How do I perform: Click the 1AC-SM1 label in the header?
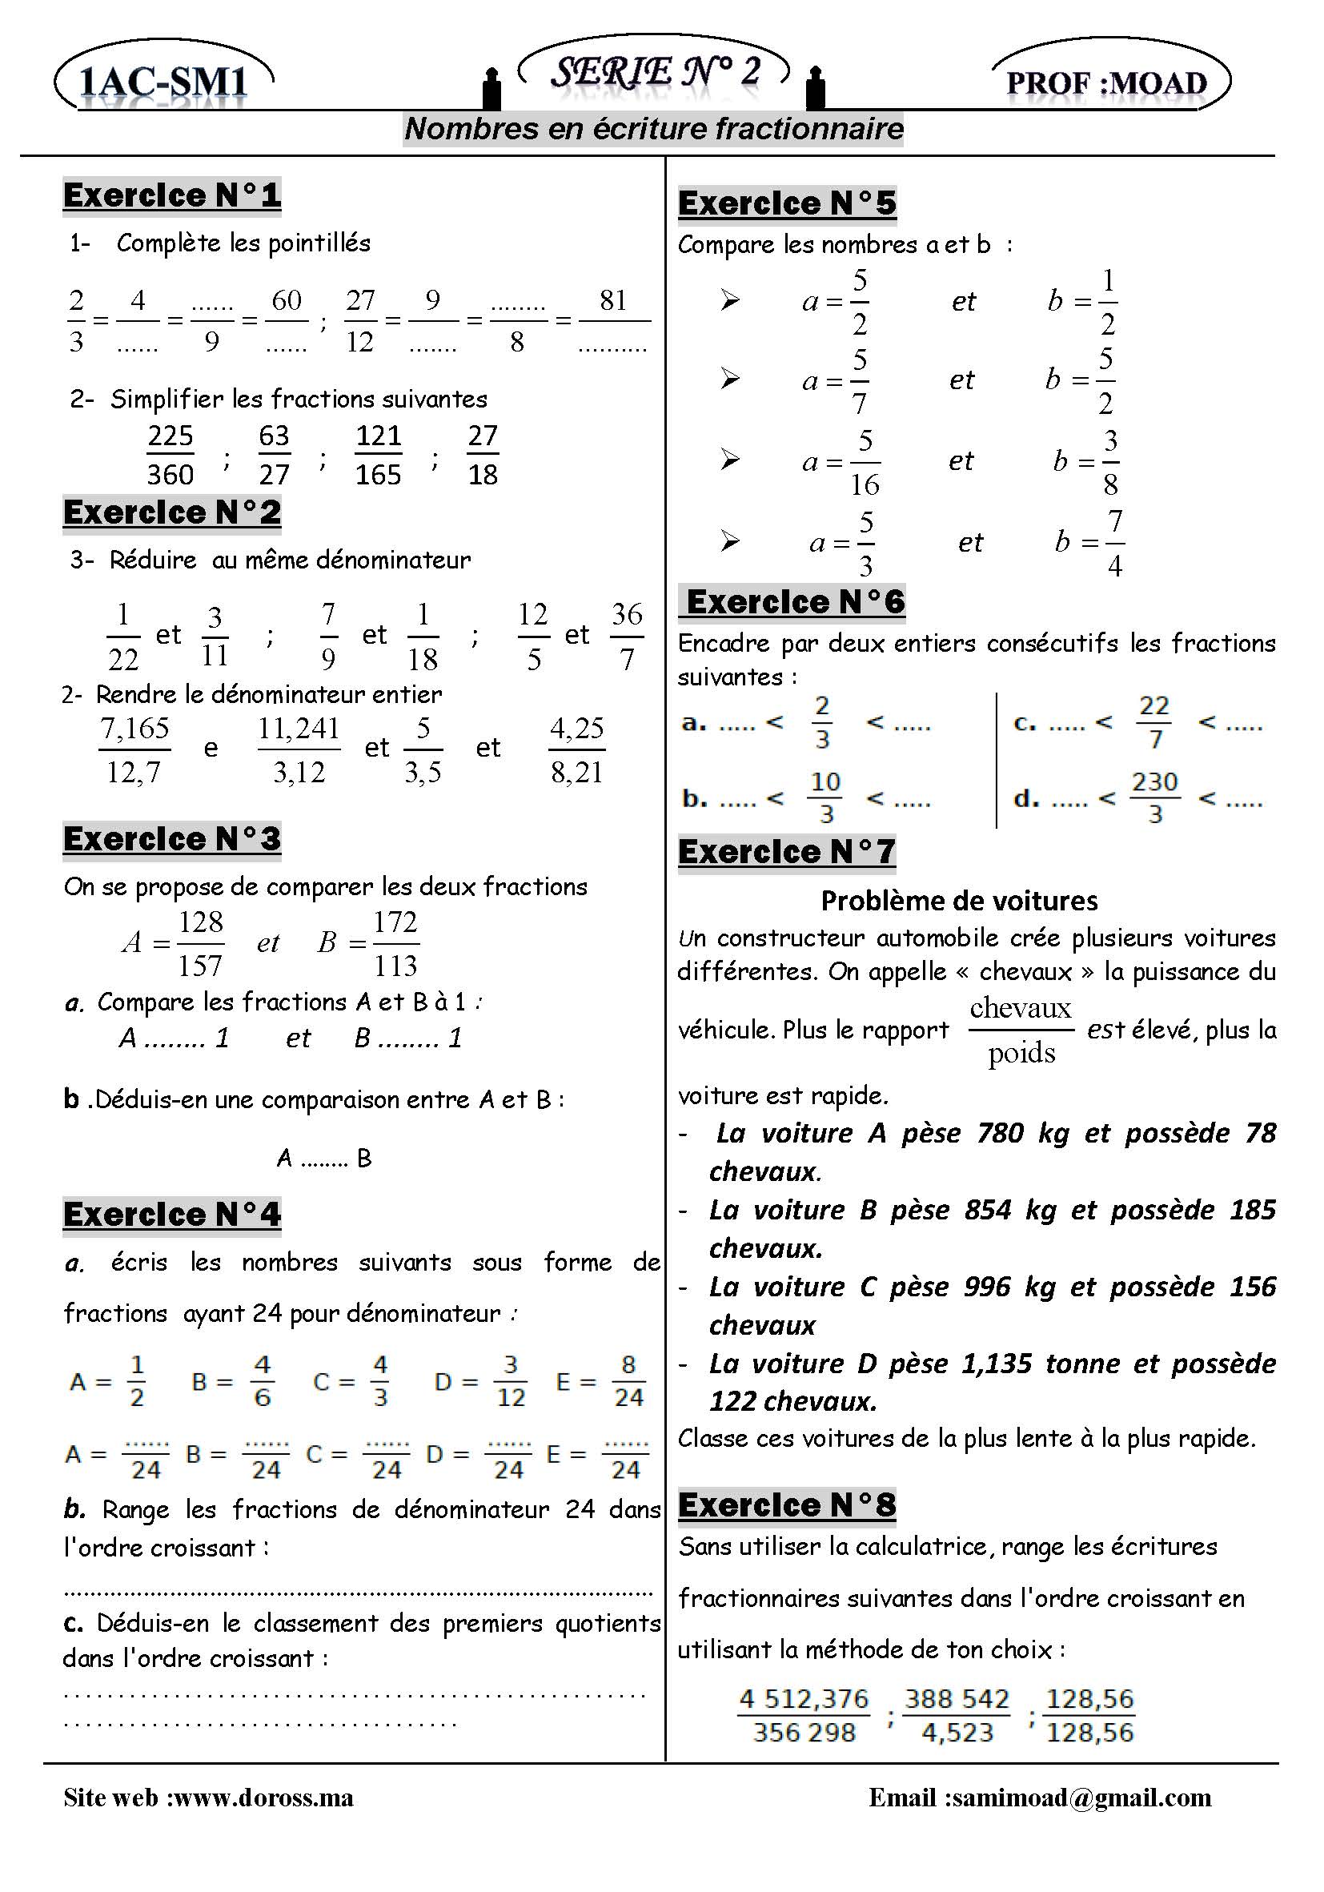(x=163, y=82)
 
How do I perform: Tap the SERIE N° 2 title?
(x=655, y=72)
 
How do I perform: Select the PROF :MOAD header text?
(x=1106, y=83)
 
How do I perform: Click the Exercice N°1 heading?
(x=172, y=195)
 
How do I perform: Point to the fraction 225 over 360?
(x=171, y=455)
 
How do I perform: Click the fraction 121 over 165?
(x=378, y=455)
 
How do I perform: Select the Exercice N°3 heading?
(x=172, y=839)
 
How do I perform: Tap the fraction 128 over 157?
(x=201, y=943)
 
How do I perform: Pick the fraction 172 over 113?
(x=395, y=943)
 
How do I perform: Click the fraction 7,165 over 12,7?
(x=134, y=750)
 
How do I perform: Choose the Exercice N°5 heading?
(x=787, y=203)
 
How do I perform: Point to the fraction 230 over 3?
(x=1155, y=797)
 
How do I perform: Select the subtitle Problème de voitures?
(x=959, y=901)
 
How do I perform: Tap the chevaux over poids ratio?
(x=1021, y=1030)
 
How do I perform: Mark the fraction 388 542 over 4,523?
(x=957, y=1715)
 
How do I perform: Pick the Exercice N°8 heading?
(x=787, y=1504)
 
